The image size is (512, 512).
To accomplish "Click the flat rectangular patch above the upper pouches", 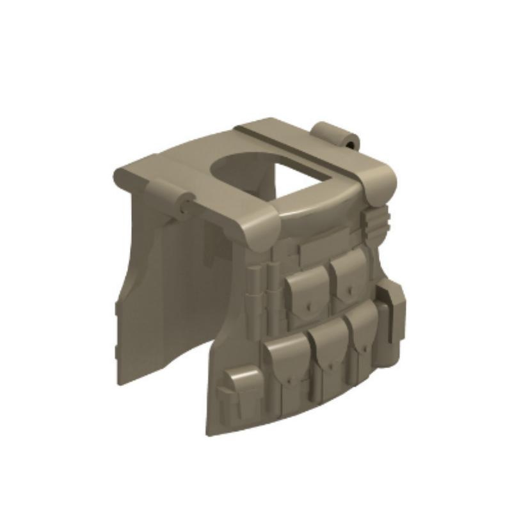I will click(x=320, y=247).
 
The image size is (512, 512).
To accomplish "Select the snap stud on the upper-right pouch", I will click(x=349, y=290).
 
